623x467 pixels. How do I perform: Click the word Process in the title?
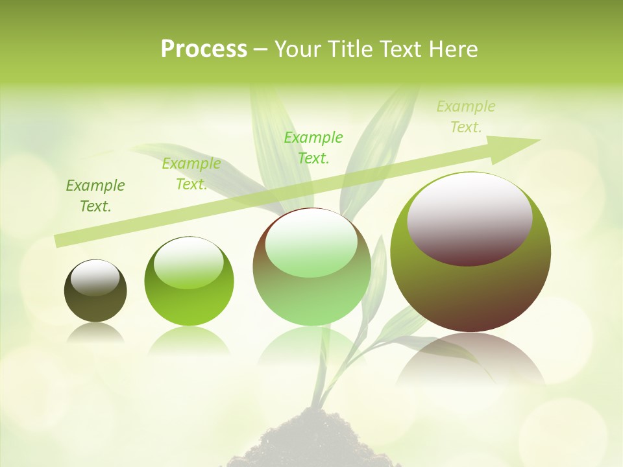pos(204,49)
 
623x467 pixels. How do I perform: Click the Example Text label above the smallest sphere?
pos(95,196)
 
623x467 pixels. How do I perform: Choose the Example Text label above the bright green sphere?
pos(191,174)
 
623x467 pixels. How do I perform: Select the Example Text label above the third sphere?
pos(313,147)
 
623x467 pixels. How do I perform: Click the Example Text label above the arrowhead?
pos(466,117)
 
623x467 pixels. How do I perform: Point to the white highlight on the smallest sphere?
pos(95,277)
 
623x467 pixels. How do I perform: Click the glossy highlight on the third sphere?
pos(311,243)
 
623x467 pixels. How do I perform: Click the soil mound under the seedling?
pos(311,444)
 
